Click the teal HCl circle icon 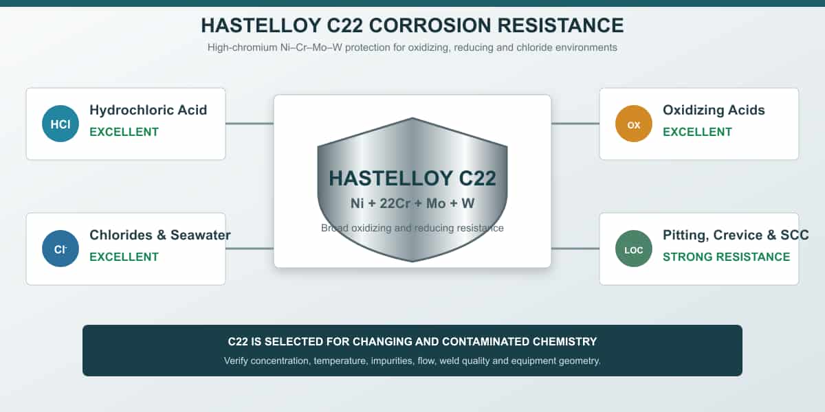pyautogui.click(x=60, y=124)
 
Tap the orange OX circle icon pyautogui.click(x=633, y=124)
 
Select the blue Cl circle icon pyautogui.click(x=60, y=249)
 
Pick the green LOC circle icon pyautogui.click(x=633, y=249)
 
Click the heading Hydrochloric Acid pyautogui.click(x=148, y=110)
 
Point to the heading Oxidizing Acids pyautogui.click(x=714, y=110)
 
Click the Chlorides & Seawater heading pyautogui.click(x=160, y=235)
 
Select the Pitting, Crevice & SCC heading pyautogui.click(x=736, y=235)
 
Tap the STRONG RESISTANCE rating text pyautogui.click(x=726, y=257)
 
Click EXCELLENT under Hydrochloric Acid pyautogui.click(x=124, y=132)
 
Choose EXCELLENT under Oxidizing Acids pyautogui.click(x=697, y=132)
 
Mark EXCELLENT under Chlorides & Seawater pyautogui.click(x=124, y=257)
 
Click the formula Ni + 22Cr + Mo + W pyautogui.click(x=412, y=203)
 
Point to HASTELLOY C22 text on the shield pyautogui.click(x=412, y=179)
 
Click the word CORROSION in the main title pyautogui.click(x=430, y=25)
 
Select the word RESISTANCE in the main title pyautogui.click(x=560, y=25)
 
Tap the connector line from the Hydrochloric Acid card pyautogui.click(x=250, y=124)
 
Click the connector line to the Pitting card pyautogui.click(x=575, y=249)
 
